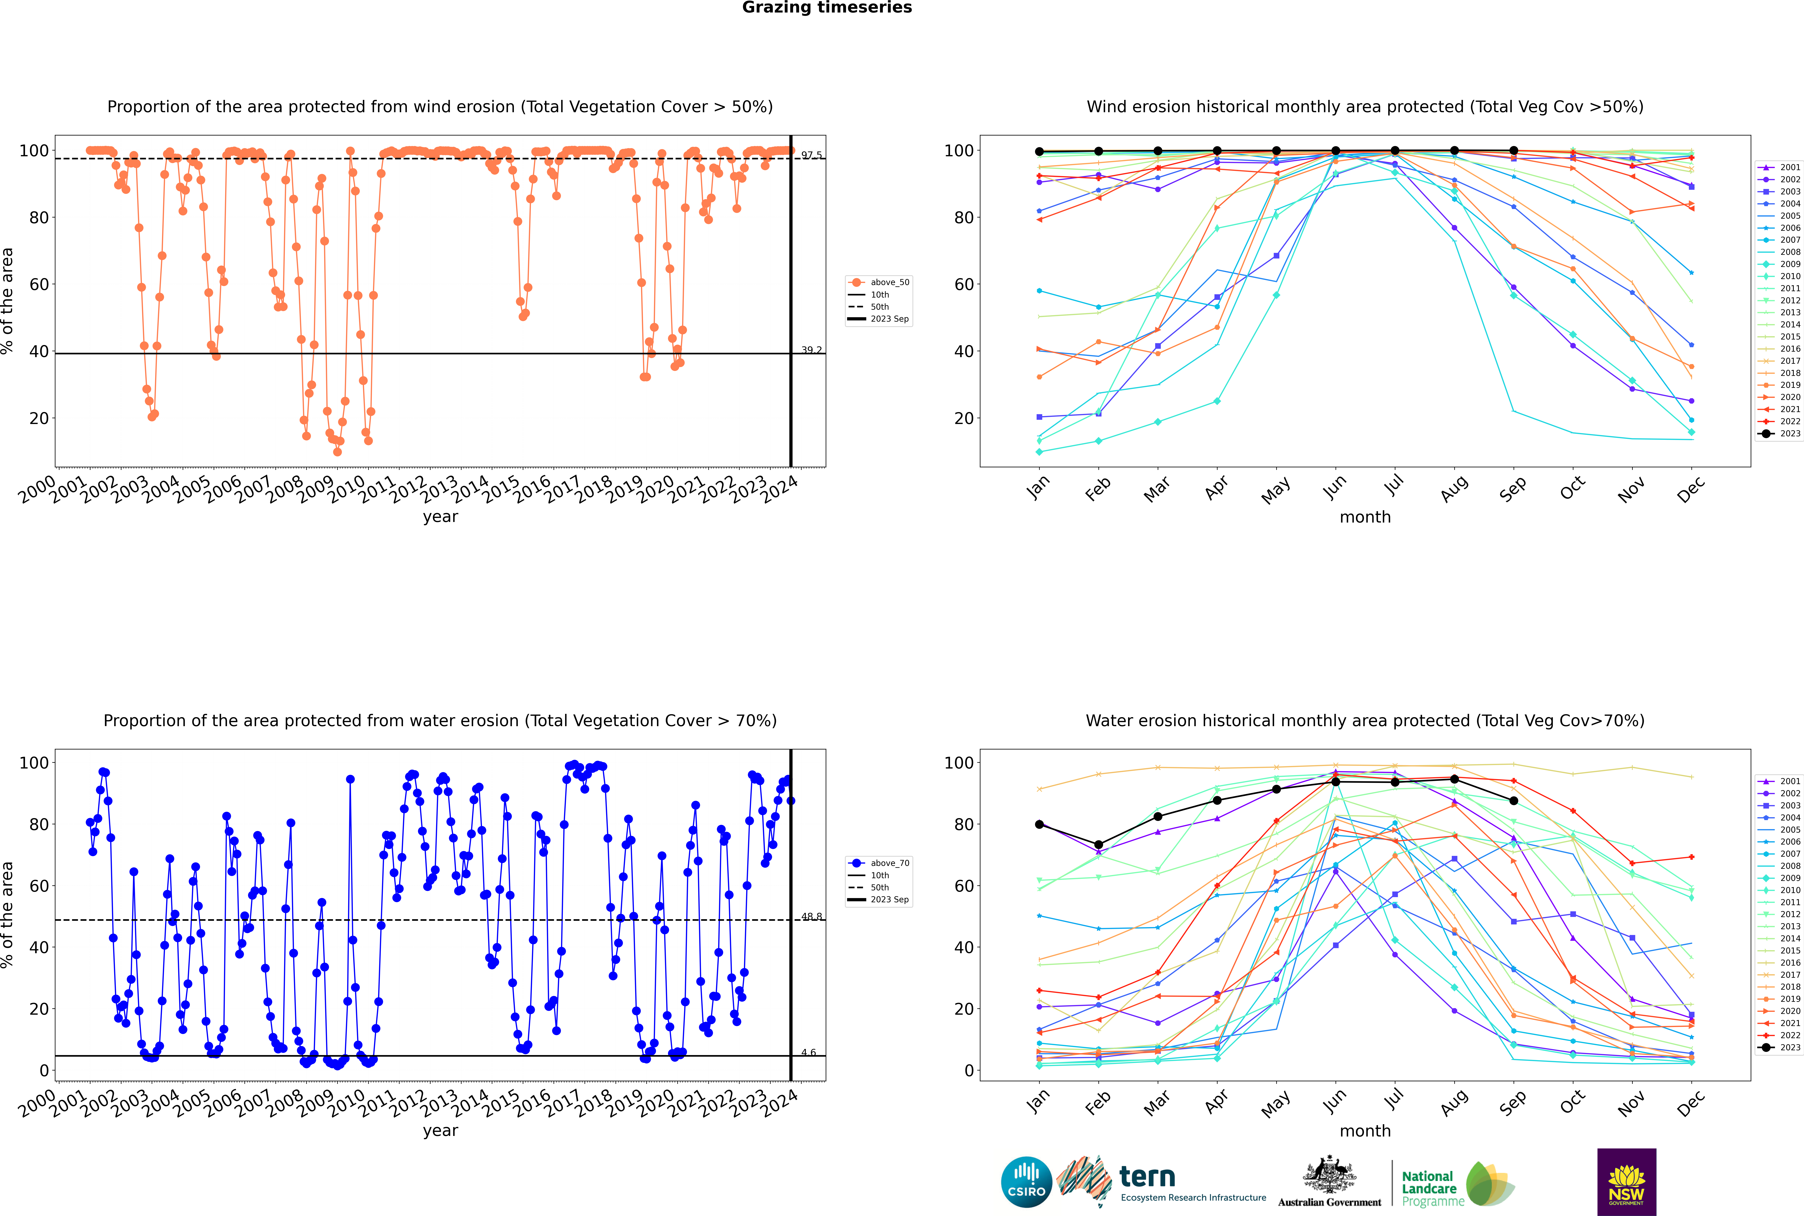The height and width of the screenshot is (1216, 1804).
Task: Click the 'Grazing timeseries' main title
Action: (x=827, y=8)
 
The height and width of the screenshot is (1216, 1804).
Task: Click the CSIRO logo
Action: (x=1026, y=1182)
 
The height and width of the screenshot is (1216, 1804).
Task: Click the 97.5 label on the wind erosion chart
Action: (x=811, y=155)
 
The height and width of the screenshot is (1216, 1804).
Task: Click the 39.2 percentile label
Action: (x=811, y=350)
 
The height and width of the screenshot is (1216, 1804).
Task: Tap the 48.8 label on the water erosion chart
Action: (x=811, y=917)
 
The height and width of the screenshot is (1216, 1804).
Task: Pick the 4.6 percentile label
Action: (x=808, y=1052)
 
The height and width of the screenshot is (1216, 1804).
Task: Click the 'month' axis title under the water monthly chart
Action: (x=1365, y=1131)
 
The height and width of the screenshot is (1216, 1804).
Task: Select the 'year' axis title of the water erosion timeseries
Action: (x=441, y=1130)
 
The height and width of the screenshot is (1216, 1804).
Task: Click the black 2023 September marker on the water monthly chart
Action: (x=1513, y=800)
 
